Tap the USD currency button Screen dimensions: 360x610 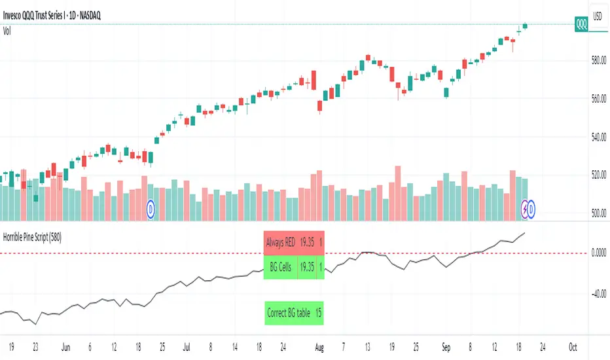click(597, 15)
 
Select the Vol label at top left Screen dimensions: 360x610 click(9, 29)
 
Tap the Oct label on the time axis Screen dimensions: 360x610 click(573, 346)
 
